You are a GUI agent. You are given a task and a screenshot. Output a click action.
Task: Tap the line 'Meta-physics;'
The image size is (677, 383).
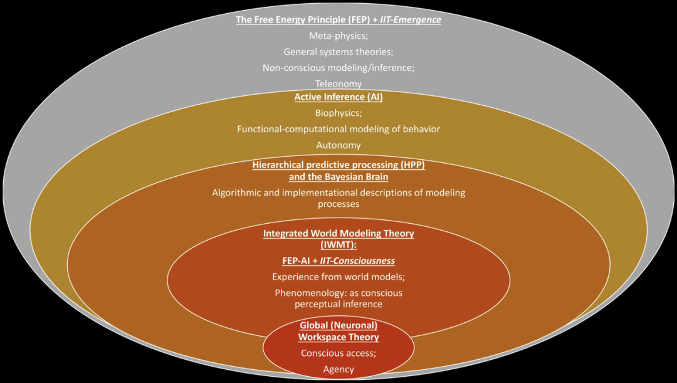tap(338, 36)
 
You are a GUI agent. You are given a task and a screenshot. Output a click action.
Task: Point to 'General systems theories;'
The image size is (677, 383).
tap(338, 52)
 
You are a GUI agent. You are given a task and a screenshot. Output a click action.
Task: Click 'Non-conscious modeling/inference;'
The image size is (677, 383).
tap(338, 68)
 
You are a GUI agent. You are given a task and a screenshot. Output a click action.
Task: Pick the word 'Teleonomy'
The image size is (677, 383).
tap(338, 83)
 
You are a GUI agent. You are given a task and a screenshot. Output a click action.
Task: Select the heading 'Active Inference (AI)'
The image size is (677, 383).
tap(338, 97)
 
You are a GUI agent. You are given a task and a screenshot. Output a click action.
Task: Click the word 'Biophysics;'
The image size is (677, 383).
tap(338, 113)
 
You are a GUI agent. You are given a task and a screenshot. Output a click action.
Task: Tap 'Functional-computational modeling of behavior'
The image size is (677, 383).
tap(338, 129)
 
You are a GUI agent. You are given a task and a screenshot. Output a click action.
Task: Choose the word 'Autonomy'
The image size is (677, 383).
tap(338, 145)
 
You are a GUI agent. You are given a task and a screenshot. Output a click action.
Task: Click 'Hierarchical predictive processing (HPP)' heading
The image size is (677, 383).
tap(338, 165)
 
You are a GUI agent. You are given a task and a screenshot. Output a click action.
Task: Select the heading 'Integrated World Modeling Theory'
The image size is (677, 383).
tap(338, 233)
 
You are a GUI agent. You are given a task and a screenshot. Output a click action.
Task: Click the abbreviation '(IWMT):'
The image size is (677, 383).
tap(338, 244)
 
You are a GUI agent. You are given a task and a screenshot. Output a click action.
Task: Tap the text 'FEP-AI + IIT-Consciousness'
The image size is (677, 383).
tap(338, 260)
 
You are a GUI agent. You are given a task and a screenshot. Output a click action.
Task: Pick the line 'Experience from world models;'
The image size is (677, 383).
tap(338, 276)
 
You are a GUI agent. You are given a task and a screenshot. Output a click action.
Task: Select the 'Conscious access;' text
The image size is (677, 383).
tap(338, 353)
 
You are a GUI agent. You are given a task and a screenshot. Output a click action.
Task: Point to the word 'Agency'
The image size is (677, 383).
tap(338, 369)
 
